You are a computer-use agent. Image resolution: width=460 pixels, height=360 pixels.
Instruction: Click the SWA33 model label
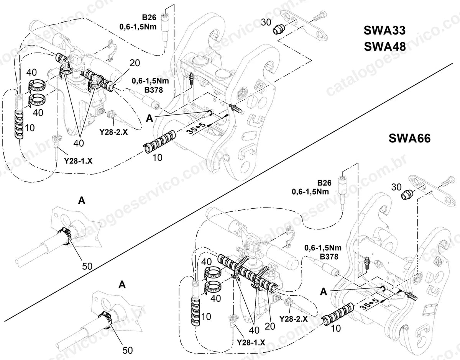click(x=384, y=30)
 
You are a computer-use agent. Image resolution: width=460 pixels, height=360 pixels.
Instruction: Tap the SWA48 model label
click(x=385, y=46)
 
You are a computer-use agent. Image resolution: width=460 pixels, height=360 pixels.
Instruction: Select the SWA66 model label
click(x=410, y=139)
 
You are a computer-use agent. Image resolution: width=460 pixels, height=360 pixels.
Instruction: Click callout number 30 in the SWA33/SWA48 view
click(x=266, y=22)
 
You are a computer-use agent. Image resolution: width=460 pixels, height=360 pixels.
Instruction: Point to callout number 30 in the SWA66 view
click(x=396, y=187)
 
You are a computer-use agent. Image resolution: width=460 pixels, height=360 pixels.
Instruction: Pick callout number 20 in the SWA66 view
click(x=270, y=326)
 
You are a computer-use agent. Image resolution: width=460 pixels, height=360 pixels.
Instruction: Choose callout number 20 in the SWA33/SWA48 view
click(x=135, y=63)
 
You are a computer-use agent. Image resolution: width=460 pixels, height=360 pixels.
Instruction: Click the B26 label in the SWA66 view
click(x=324, y=183)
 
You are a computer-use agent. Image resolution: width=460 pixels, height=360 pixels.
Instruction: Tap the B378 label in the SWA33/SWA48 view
click(x=154, y=90)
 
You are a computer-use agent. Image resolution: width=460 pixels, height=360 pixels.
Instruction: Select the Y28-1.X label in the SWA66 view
click(x=251, y=342)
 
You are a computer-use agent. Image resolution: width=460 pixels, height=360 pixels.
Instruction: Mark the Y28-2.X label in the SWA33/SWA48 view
click(x=114, y=132)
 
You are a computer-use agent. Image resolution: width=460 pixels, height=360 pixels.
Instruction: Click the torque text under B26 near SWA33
click(x=138, y=27)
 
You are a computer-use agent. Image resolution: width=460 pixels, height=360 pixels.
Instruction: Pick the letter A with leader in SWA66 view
click(x=324, y=292)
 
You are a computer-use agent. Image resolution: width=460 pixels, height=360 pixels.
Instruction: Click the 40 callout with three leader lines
click(x=254, y=330)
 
